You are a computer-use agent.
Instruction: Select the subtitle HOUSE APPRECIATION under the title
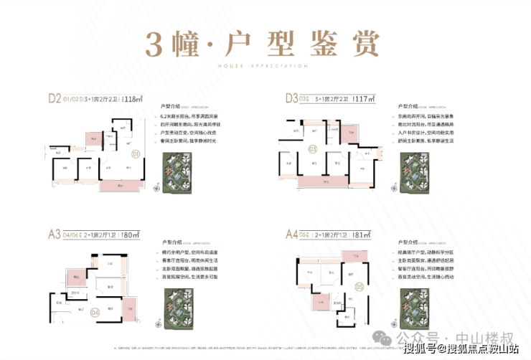(265, 67)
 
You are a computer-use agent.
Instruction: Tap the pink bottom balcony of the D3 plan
(326, 183)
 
